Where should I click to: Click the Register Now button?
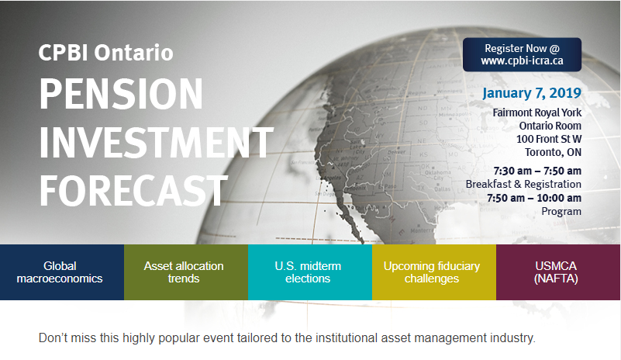tap(522, 55)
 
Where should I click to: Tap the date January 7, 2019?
tap(532, 93)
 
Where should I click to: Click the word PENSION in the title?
tap(121, 94)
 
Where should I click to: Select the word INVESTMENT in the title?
tap(157, 142)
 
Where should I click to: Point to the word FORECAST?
tap(133, 191)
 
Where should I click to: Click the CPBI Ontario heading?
tap(105, 53)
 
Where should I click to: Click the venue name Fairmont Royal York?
tap(537, 113)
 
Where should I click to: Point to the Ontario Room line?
tap(550, 126)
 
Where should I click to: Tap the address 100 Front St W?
tap(549, 139)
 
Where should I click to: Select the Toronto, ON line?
tap(554, 152)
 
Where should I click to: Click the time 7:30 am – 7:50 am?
tap(537, 171)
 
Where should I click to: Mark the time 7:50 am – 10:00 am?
tap(534, 198)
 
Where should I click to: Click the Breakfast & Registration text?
tap(523, 185)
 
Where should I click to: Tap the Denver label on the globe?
tap(396, 152)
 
